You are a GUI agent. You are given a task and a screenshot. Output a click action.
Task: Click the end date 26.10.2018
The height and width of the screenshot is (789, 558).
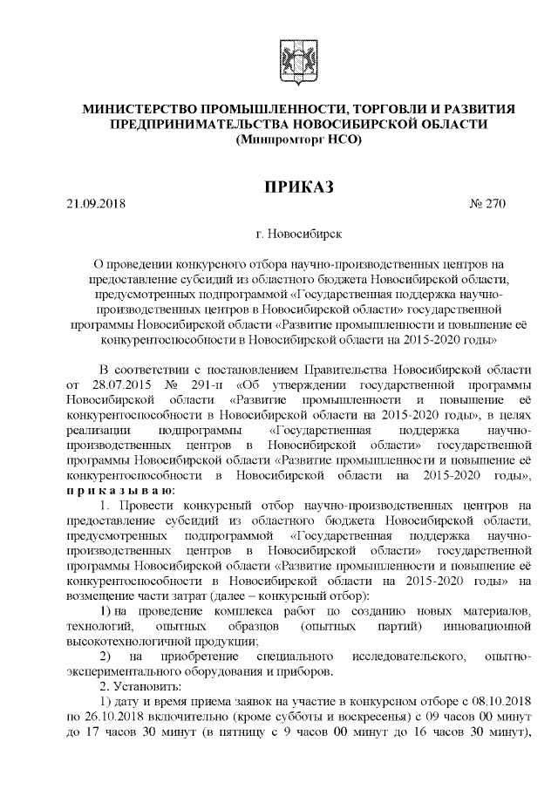click(x=105, y=720)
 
